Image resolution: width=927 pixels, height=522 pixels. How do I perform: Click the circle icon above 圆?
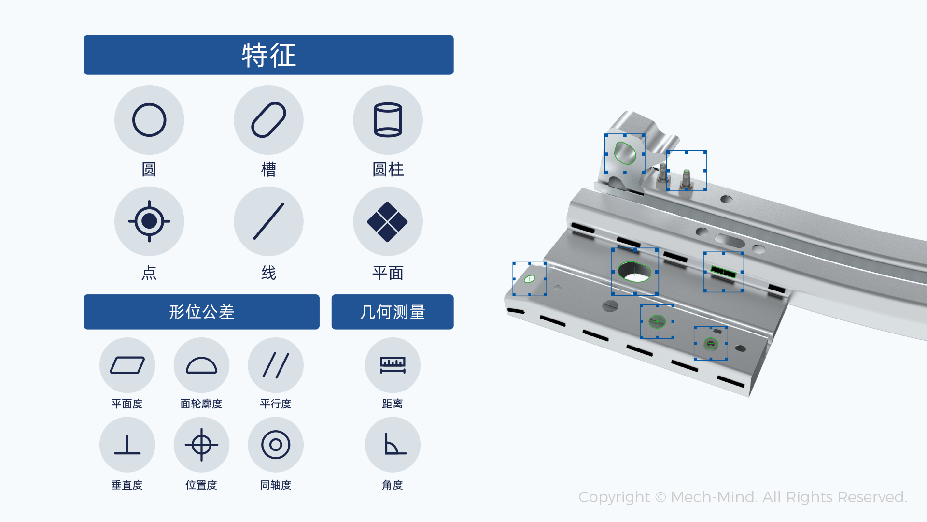coord(149,120)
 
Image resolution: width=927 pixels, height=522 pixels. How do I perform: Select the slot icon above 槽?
coord(268,120)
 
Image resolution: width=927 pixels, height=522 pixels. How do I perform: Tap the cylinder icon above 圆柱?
coord(388,120)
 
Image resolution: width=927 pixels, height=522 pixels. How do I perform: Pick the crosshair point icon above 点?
coord(149,221)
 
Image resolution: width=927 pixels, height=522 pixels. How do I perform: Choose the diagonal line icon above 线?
coord(268,221)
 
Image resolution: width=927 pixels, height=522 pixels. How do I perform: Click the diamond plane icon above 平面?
coord(388,221)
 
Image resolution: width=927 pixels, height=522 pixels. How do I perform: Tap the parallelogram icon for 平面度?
coord(127,365)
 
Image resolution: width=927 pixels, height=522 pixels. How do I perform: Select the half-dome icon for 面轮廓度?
coord(201,365)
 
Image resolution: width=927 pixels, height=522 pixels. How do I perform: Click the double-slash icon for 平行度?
coord(276,365)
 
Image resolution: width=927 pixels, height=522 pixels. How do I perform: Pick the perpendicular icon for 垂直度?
coord(127,445)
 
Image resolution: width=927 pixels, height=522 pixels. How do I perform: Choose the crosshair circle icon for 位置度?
coord(201,445)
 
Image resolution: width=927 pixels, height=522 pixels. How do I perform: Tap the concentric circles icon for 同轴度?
coord(276,445)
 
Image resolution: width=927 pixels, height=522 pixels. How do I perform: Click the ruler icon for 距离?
coord(393,365)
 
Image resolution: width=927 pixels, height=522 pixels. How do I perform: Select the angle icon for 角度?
coord(393,445)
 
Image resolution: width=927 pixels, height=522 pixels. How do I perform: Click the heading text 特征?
coord(268,55)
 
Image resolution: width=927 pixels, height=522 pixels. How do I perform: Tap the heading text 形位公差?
coord(201,312)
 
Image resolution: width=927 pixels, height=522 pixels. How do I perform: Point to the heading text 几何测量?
coord(393,312)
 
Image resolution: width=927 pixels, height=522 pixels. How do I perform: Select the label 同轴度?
coord(276,485)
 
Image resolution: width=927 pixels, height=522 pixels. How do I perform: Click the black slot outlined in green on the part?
coord(723,272)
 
